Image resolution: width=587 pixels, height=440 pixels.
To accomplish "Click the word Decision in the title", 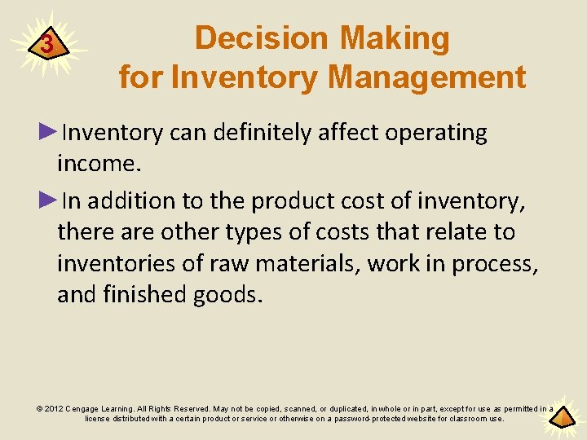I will tap(263, 38).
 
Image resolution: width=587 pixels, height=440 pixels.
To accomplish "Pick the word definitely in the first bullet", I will tap(263, 134).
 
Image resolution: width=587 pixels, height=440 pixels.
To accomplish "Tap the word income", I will tap(99, 165).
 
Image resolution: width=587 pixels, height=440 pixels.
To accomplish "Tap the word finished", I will tap(149, 294).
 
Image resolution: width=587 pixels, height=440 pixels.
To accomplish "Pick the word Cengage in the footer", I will tap(87, 408).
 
